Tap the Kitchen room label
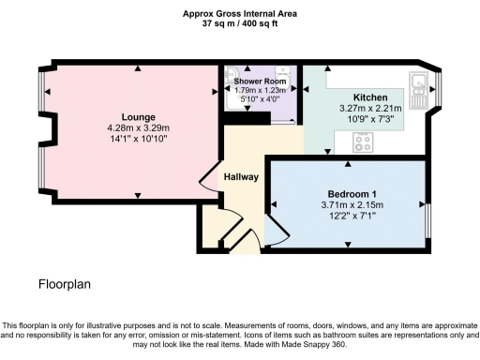point(370,97)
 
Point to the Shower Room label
point(259,82)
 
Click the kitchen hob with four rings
point(363,142)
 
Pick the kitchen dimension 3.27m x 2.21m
point(370,109)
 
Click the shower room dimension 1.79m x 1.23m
point(259,90)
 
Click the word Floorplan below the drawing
point(66,282)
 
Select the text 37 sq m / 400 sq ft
point(239,23)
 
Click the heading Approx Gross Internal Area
point(239,13)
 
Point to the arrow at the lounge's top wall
point(138,68)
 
